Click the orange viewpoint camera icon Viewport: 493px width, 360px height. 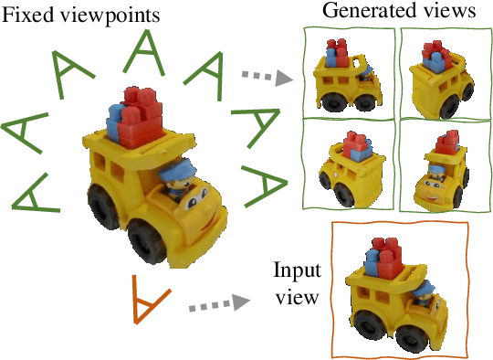click(x=140, y=298)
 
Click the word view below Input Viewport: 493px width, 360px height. click(x=297, y=298)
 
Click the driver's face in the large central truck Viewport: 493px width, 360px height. click(x=181, y=189)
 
